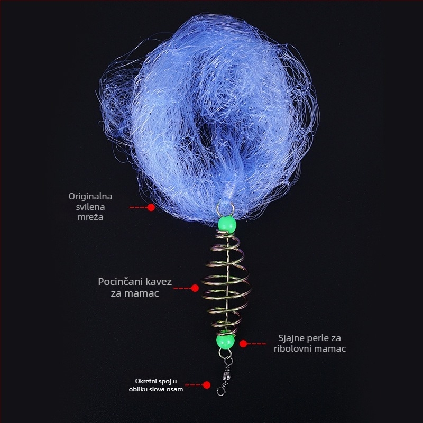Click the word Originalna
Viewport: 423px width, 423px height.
coord(90,196)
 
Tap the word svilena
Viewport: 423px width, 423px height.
coord(90,207)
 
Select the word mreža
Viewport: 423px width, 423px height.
coord(90,217)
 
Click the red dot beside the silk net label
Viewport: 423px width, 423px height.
coord(151,207)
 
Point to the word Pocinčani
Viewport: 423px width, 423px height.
coord(120,282)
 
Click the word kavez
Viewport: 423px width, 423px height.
coord(159,282)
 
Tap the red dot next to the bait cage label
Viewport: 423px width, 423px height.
coord(195,288)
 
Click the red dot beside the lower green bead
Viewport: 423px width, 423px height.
coord(243,344)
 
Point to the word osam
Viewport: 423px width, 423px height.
coord(176,389)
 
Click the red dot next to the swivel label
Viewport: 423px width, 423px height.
coord(207,385)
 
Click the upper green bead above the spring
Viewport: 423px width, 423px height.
coord(227,224)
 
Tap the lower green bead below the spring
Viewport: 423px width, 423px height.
coord(225,341)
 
